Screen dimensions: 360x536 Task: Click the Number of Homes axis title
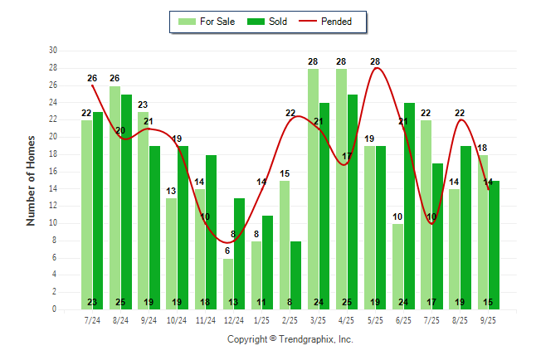[31, 180]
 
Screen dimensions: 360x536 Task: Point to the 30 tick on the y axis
[53, 51]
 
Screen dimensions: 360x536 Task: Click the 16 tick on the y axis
[53, 172]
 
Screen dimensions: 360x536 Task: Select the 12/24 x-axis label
[233, 319]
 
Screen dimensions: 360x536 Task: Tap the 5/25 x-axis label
[375, 319]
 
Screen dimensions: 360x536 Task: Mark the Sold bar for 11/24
[211, 232]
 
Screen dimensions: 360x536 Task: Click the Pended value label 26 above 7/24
[92, 78]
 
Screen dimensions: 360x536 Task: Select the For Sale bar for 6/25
[397, 266]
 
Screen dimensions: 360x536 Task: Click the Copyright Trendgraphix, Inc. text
[290, 339]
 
